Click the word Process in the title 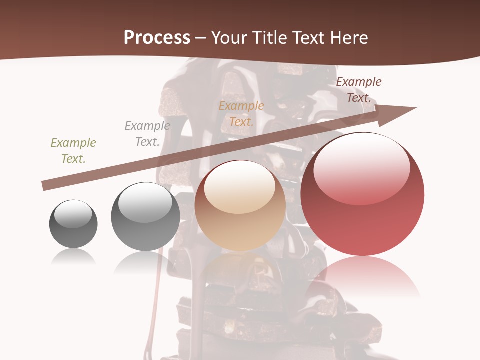point(157,38)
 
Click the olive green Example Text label point(73,151)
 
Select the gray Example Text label point(147,134)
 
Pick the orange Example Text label point(241,114)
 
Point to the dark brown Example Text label point(359,90)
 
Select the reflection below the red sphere point(362,277)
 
